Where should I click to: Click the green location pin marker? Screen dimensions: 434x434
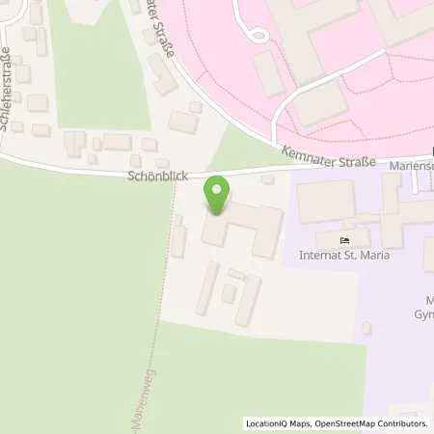(x=218, y=196)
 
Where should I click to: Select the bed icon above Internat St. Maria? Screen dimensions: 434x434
(x=347, y=239)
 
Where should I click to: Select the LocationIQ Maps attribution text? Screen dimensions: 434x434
(x=279, y=422)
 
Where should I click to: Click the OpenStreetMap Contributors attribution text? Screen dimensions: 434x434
(x=371, y=422)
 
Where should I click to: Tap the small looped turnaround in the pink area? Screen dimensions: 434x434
(x=257, y=35)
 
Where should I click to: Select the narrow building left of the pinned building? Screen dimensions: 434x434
(x=178, y=241)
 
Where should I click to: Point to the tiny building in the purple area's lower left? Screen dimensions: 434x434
(x=366, y=328)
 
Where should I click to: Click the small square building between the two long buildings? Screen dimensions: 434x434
(x=230, y=292)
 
